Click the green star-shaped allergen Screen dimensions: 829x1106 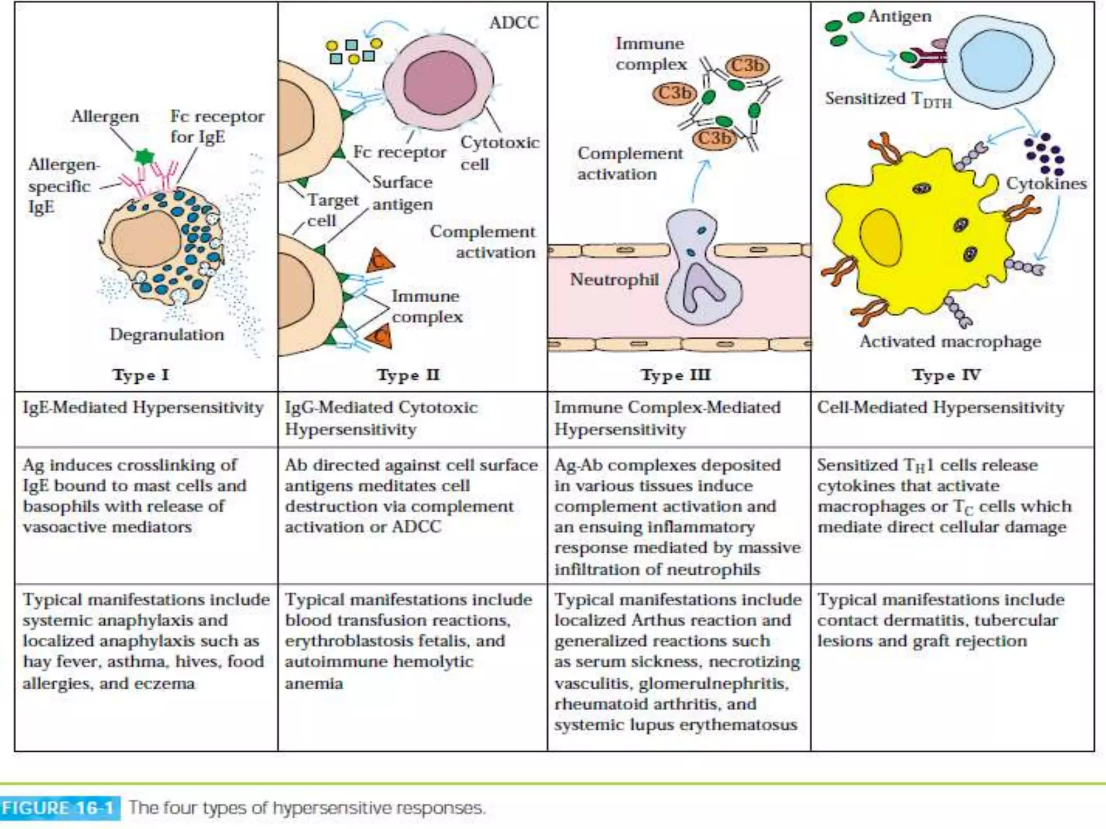[x=144, y=157]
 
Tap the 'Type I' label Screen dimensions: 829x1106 [x=140, y=375]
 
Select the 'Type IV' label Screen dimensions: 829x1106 [x=946, y=375]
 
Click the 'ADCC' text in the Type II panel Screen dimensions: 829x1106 [x=514, y=23]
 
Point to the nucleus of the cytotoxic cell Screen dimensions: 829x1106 [x=440, y=83]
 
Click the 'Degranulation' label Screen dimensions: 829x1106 [x=167, y=335]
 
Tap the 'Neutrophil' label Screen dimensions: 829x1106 [x=614, y=280]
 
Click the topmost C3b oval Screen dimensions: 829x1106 [x=747, y=66]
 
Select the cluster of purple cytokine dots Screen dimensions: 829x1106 [x=1045, y=154]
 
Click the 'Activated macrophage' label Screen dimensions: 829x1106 [x=950, y=342]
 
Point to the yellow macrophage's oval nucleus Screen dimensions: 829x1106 [x=881, y=237]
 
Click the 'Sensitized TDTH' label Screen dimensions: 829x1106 [x=888, y=99]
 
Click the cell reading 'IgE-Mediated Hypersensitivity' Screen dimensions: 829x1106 [x=143, y=407]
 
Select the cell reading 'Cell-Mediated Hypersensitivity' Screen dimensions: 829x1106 [x=940, y=407]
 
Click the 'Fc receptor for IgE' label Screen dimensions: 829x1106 [x=217, y=126]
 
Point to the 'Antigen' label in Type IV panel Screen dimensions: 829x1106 [x=900, y=16]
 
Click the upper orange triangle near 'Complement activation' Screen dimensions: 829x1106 [x=380, y=261]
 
